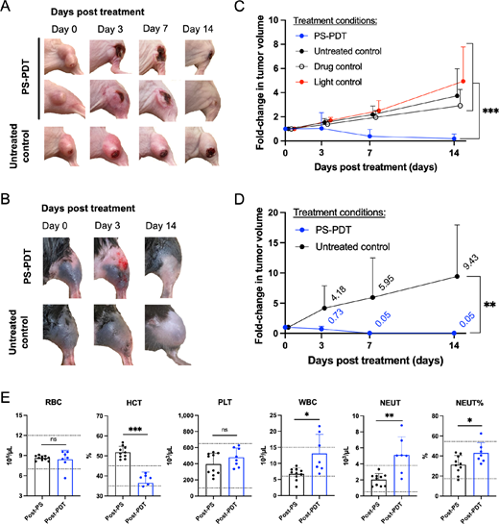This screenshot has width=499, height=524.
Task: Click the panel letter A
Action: (8, 9)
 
